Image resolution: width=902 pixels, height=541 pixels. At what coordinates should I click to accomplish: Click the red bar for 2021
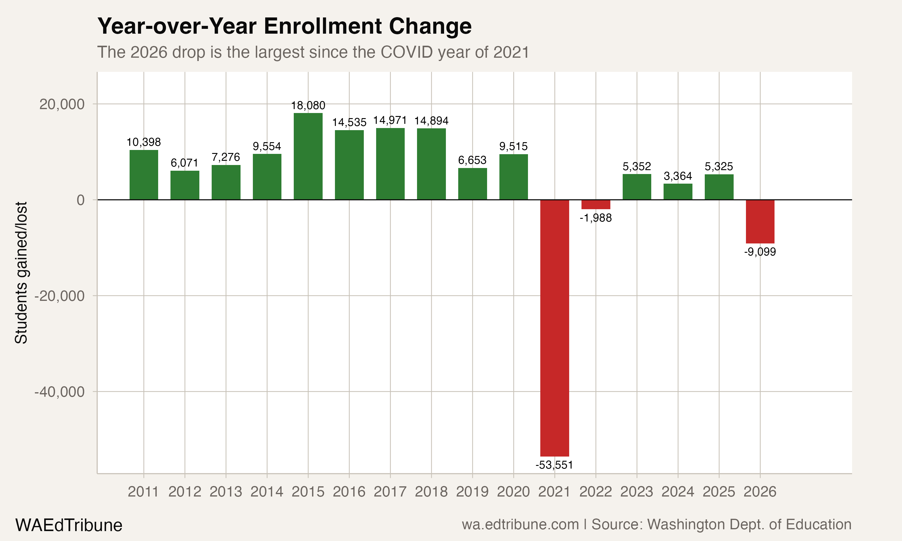coord(554,328)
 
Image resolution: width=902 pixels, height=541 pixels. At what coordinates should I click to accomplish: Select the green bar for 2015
coord(308,157)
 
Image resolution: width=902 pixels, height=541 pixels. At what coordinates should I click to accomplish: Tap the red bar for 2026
coord(760,222)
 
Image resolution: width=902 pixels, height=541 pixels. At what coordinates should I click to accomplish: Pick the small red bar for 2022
coord(595,204)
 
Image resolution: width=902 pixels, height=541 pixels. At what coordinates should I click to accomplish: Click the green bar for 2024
coord(678,192)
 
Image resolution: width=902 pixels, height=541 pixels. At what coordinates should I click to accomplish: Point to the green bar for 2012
coord(185,185)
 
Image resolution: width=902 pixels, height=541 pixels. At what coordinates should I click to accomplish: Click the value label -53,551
coord(554,465)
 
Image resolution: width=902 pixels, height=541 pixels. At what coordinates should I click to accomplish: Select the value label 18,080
coord(308,106)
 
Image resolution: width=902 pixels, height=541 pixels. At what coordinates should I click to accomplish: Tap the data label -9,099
coord(760,252)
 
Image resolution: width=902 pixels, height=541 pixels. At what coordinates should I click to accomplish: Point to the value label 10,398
coord(144,142)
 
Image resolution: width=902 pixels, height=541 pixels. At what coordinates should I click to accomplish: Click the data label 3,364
coord(678,176)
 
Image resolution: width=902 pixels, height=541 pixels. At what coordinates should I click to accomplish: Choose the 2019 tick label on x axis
coord(472,492)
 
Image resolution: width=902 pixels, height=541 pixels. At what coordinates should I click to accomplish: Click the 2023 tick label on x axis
coord(637,492)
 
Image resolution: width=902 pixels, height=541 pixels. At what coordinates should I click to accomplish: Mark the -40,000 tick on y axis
coord(60,392)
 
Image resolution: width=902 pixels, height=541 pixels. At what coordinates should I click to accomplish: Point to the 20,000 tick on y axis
coord(62,104)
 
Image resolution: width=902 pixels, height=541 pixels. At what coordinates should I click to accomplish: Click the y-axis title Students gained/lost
coord(21,273)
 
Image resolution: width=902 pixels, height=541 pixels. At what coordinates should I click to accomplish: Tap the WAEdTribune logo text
coord(69,525)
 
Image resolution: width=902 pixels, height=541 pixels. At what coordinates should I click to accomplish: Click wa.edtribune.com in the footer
coord(520,524)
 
